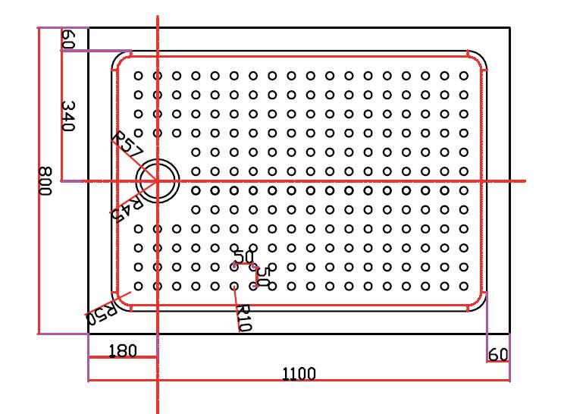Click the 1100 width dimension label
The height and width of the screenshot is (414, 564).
(299, 373)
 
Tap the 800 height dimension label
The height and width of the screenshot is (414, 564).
(45, 181)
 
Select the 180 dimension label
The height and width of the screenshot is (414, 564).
(123, 350)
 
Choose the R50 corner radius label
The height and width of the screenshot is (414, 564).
(100, 313)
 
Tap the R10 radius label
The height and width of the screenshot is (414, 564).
(243, 318)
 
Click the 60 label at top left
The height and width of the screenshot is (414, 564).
(67, 40)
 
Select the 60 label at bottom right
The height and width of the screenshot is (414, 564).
(498, 354)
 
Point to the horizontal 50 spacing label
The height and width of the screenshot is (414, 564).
(243, 257)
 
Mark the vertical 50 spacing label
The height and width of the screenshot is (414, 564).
(263, 274)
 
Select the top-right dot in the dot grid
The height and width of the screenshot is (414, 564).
(465, 76)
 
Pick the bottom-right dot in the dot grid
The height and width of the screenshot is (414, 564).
(465, 286)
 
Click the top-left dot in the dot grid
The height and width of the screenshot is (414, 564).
(138, 76)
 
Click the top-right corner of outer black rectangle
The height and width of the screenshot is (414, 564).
(509, 28)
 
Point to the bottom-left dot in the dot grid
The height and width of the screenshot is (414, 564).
(138, 286)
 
